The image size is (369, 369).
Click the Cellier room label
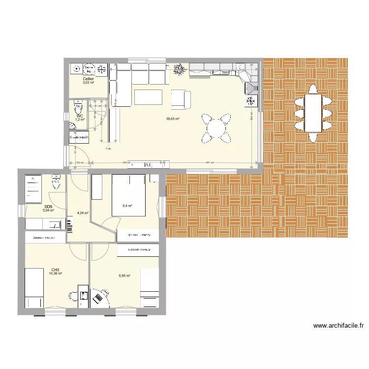pos(89,79)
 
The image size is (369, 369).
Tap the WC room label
pos(79,116)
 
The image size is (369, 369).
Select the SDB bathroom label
pos(48,207)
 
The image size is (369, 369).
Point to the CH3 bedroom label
pos(55,270)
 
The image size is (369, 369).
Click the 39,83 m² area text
pos(172,119)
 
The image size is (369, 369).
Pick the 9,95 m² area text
pos(124,276)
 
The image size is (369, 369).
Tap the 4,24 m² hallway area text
pos(83,213)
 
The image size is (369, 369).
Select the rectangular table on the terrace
pos(313,113)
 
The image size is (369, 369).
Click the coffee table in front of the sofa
pos(148,96)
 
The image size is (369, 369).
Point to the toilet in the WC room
pos(78,107)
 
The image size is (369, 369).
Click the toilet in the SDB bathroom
pos(56,183)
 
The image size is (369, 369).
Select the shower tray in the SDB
pos(34,188)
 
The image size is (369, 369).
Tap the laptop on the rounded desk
pos(99,297)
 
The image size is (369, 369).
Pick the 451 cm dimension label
pos(209,162)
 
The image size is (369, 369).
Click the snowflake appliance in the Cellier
pos(102,69)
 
